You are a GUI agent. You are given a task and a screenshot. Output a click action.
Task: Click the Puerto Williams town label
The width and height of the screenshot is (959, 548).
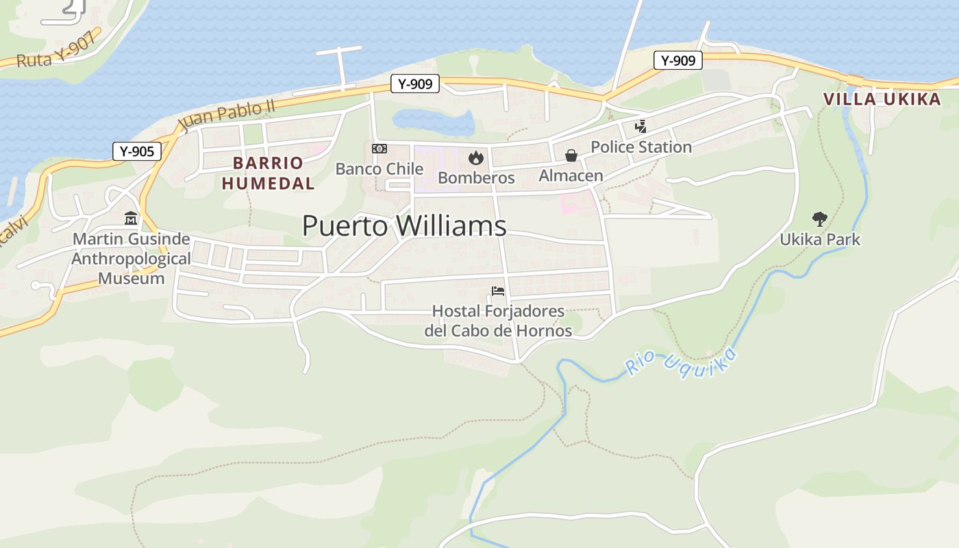[x=404, y=226]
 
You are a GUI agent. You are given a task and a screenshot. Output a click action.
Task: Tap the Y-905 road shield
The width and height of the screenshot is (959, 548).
[x=137, y=151]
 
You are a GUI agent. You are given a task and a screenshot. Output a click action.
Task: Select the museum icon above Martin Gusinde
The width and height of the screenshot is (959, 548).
[x=130, y=219]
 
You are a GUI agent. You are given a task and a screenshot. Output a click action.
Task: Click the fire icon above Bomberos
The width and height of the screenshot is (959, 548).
[x=476, y=158]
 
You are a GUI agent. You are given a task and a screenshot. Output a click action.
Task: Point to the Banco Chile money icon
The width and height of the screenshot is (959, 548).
[x=379, y=149]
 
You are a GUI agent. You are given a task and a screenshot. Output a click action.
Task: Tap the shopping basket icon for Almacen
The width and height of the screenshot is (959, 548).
[x=571, y=156]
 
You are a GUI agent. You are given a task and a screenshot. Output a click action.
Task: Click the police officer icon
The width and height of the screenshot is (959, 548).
[x=640, y=127]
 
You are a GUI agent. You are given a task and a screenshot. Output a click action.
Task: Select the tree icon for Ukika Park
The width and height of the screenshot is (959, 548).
[x=819, y=219]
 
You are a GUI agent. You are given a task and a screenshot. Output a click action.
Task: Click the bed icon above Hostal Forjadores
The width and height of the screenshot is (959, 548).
[x=498, y=292]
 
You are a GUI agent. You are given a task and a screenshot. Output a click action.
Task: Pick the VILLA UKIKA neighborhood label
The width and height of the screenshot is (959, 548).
[x=882, y=99]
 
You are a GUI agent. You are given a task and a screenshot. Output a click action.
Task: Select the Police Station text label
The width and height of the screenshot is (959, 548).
[x=641, y=147]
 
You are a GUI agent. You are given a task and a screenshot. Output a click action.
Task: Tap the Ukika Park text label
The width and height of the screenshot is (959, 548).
[x=820, y=240]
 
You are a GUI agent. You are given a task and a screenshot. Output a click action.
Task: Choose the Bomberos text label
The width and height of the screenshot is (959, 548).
[x=476, y=178]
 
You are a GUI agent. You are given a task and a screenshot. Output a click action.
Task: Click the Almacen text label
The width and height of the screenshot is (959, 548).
[x=571, y=176]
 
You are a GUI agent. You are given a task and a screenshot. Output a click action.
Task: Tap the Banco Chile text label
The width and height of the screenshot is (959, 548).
[x=379, y=169]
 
